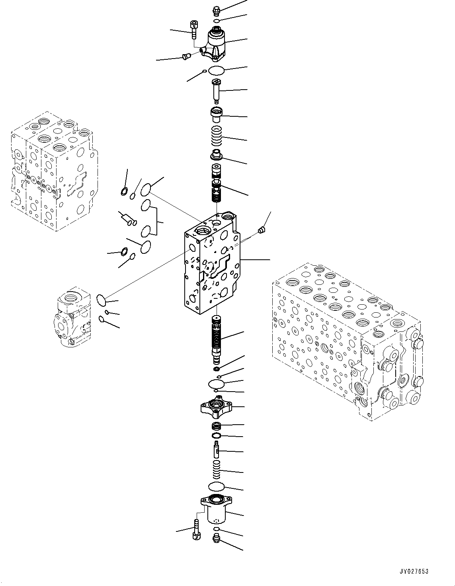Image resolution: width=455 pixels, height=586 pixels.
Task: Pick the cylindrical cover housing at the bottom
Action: tap(217, 510)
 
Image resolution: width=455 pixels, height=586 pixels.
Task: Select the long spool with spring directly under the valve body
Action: tap(217, 339)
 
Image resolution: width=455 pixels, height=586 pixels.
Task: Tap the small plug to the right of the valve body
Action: tap(262, 230)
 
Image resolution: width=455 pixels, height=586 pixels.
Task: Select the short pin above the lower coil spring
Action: tap(217, 450)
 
